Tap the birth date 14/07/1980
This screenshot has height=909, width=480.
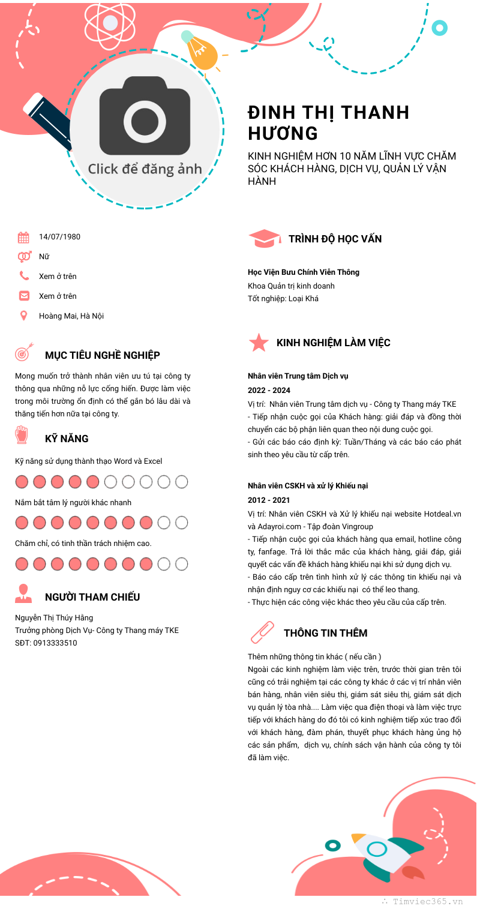[59, 236]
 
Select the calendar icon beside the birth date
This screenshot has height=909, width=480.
[23, 237]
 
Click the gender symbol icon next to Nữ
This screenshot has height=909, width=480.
[24, 257]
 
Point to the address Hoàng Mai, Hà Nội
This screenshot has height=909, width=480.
[71, 316]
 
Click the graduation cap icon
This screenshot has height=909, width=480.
[264, 238]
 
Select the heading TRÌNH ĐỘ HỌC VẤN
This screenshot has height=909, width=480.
[335, 239]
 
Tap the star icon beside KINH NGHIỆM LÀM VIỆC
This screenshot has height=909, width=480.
[259, 343]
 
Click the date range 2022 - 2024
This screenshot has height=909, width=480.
[269, 391]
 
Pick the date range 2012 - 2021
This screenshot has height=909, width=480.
[269, 500]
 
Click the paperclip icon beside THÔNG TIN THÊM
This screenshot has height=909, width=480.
[262, 632]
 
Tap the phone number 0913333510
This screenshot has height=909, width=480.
[55, 643]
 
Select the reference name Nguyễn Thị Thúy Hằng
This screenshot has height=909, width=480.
[54, 617]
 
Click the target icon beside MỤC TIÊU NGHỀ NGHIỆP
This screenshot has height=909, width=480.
[24, 353]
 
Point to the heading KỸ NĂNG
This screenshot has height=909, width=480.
[67, 439]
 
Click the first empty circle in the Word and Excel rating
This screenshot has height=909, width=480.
[110, 482]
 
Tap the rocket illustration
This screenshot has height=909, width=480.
[384, 855]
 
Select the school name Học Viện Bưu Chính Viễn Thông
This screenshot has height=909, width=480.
[304, 272]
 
